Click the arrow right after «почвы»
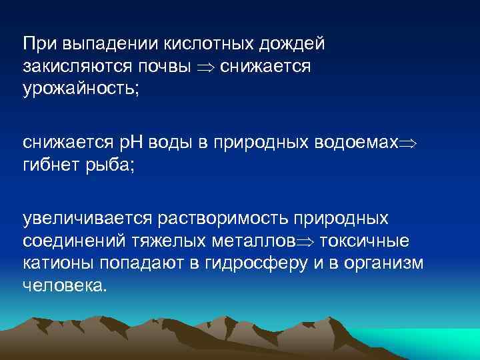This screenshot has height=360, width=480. click(x=205, y=67)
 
